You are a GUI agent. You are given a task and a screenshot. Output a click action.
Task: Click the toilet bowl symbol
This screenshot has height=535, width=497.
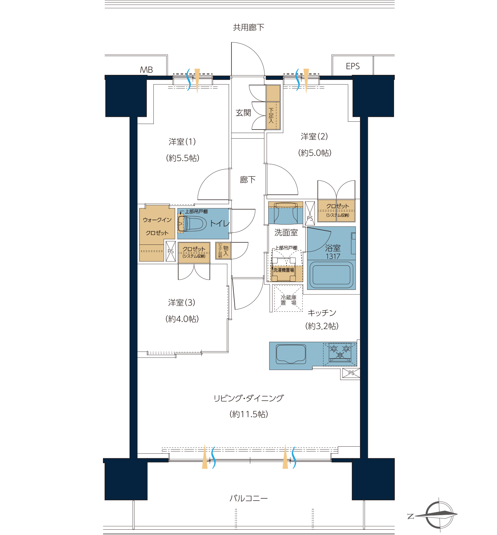click(192, 223)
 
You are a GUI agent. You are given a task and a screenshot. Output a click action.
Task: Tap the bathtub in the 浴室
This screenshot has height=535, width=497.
click(332, 275)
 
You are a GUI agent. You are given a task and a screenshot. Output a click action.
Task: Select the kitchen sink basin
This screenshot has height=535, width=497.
click(291, 354)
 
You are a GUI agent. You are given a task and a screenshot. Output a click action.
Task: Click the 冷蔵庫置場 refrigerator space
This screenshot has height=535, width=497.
click(288, 298)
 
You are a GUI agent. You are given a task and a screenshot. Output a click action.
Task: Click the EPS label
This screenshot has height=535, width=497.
click(353, 66)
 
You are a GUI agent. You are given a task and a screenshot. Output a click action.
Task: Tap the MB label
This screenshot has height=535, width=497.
click(146, 70)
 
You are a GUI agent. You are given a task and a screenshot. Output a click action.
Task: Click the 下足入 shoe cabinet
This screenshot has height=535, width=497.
click(273, 107)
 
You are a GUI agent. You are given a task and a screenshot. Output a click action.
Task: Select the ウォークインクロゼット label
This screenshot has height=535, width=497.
click(157, 226)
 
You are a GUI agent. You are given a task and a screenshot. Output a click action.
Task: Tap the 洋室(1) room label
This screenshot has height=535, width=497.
click(182, 142)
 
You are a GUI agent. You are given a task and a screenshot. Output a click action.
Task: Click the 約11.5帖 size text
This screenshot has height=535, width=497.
click(248, 414)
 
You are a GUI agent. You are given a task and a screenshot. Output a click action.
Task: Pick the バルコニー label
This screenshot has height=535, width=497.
click(248, 498)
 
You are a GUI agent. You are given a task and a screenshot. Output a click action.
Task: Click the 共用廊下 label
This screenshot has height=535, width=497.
click(248, 27)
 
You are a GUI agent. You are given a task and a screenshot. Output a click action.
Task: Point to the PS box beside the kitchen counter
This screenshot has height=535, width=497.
click(351, 373)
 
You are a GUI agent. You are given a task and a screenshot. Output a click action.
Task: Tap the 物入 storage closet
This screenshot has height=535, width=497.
click(223, 251)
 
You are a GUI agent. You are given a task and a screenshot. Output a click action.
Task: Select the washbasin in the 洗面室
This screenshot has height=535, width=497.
click(285, 213)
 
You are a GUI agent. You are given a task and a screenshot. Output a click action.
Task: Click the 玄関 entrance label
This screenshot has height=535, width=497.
click(243, 112)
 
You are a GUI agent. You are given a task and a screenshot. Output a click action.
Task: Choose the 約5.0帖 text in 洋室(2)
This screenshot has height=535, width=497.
click(315, 153)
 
